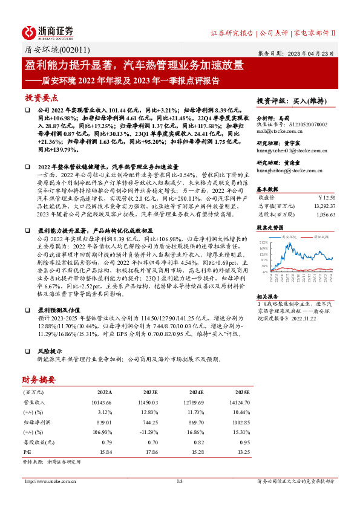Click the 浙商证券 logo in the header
[x=48, y=31]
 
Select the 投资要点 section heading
[x=41, y=98]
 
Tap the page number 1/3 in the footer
[x=180, y=482]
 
